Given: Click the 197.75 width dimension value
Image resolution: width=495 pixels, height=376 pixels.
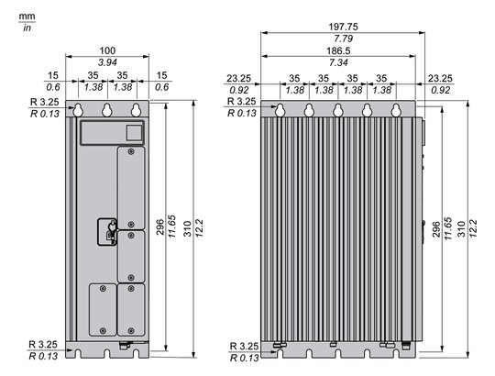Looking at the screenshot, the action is coord(343,27).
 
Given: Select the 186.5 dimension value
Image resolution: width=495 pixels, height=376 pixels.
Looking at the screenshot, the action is coord(338,50).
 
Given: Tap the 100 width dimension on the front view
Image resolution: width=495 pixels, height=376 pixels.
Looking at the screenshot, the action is coord(107,50).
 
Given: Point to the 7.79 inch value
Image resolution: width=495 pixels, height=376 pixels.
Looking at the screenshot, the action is coord(343,39).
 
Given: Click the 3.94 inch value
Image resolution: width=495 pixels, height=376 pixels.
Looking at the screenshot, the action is coord(107,62).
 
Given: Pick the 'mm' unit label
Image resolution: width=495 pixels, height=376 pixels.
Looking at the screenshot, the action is coord(27,17).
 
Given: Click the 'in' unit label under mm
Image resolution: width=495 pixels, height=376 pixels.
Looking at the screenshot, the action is coord(27,28).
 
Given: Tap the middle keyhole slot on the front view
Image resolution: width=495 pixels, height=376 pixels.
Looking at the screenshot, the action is coord(107,110).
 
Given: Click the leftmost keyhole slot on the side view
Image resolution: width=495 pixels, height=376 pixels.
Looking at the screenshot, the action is coord(280,110).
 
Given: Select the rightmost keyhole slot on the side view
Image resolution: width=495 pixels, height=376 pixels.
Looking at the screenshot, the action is coord(396,110).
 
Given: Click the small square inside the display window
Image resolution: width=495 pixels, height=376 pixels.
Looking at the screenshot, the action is coord(134,133).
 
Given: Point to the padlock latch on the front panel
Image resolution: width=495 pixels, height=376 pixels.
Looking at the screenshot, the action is coord(111,232).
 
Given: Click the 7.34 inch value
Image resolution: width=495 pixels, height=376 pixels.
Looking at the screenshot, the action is coord(338,62).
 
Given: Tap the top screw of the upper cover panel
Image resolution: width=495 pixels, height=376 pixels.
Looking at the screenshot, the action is coord(131,152).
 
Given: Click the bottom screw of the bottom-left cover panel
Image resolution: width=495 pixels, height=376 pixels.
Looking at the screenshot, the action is coord(103,330).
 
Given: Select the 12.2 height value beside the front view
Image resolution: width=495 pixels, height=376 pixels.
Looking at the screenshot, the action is coord(200,228).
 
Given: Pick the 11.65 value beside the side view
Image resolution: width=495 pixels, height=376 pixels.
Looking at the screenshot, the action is coord(448,228).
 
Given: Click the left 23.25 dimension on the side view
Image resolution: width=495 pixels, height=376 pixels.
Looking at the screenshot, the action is coord(239,78).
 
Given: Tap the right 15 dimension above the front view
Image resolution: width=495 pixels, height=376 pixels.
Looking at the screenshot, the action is coord(161,75).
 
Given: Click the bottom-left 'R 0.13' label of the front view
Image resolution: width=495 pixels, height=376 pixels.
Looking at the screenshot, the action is coord(43,356).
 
